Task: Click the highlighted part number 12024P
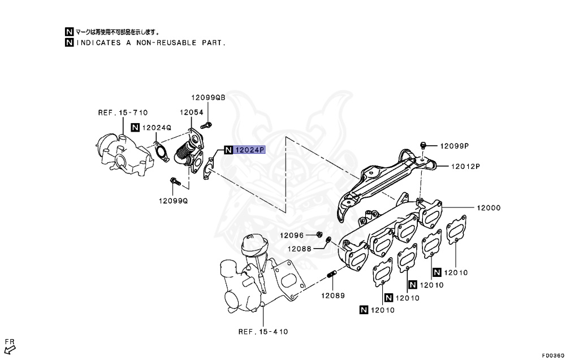click(249, 150)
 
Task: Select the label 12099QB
click(208, 97)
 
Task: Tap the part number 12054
click(192, 112)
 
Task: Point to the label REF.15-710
click(123, 112)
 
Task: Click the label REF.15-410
click(263, 331)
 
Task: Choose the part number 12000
click(489, 208)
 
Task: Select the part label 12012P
click(465, 166)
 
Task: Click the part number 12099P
click(455, 146)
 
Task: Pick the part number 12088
click(300, 249)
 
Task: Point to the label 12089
click(333, 295)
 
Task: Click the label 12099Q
click(173, 201)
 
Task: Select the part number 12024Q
click(156, 128)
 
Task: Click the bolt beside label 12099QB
click(208, 124)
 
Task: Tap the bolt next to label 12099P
click(424, 145)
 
